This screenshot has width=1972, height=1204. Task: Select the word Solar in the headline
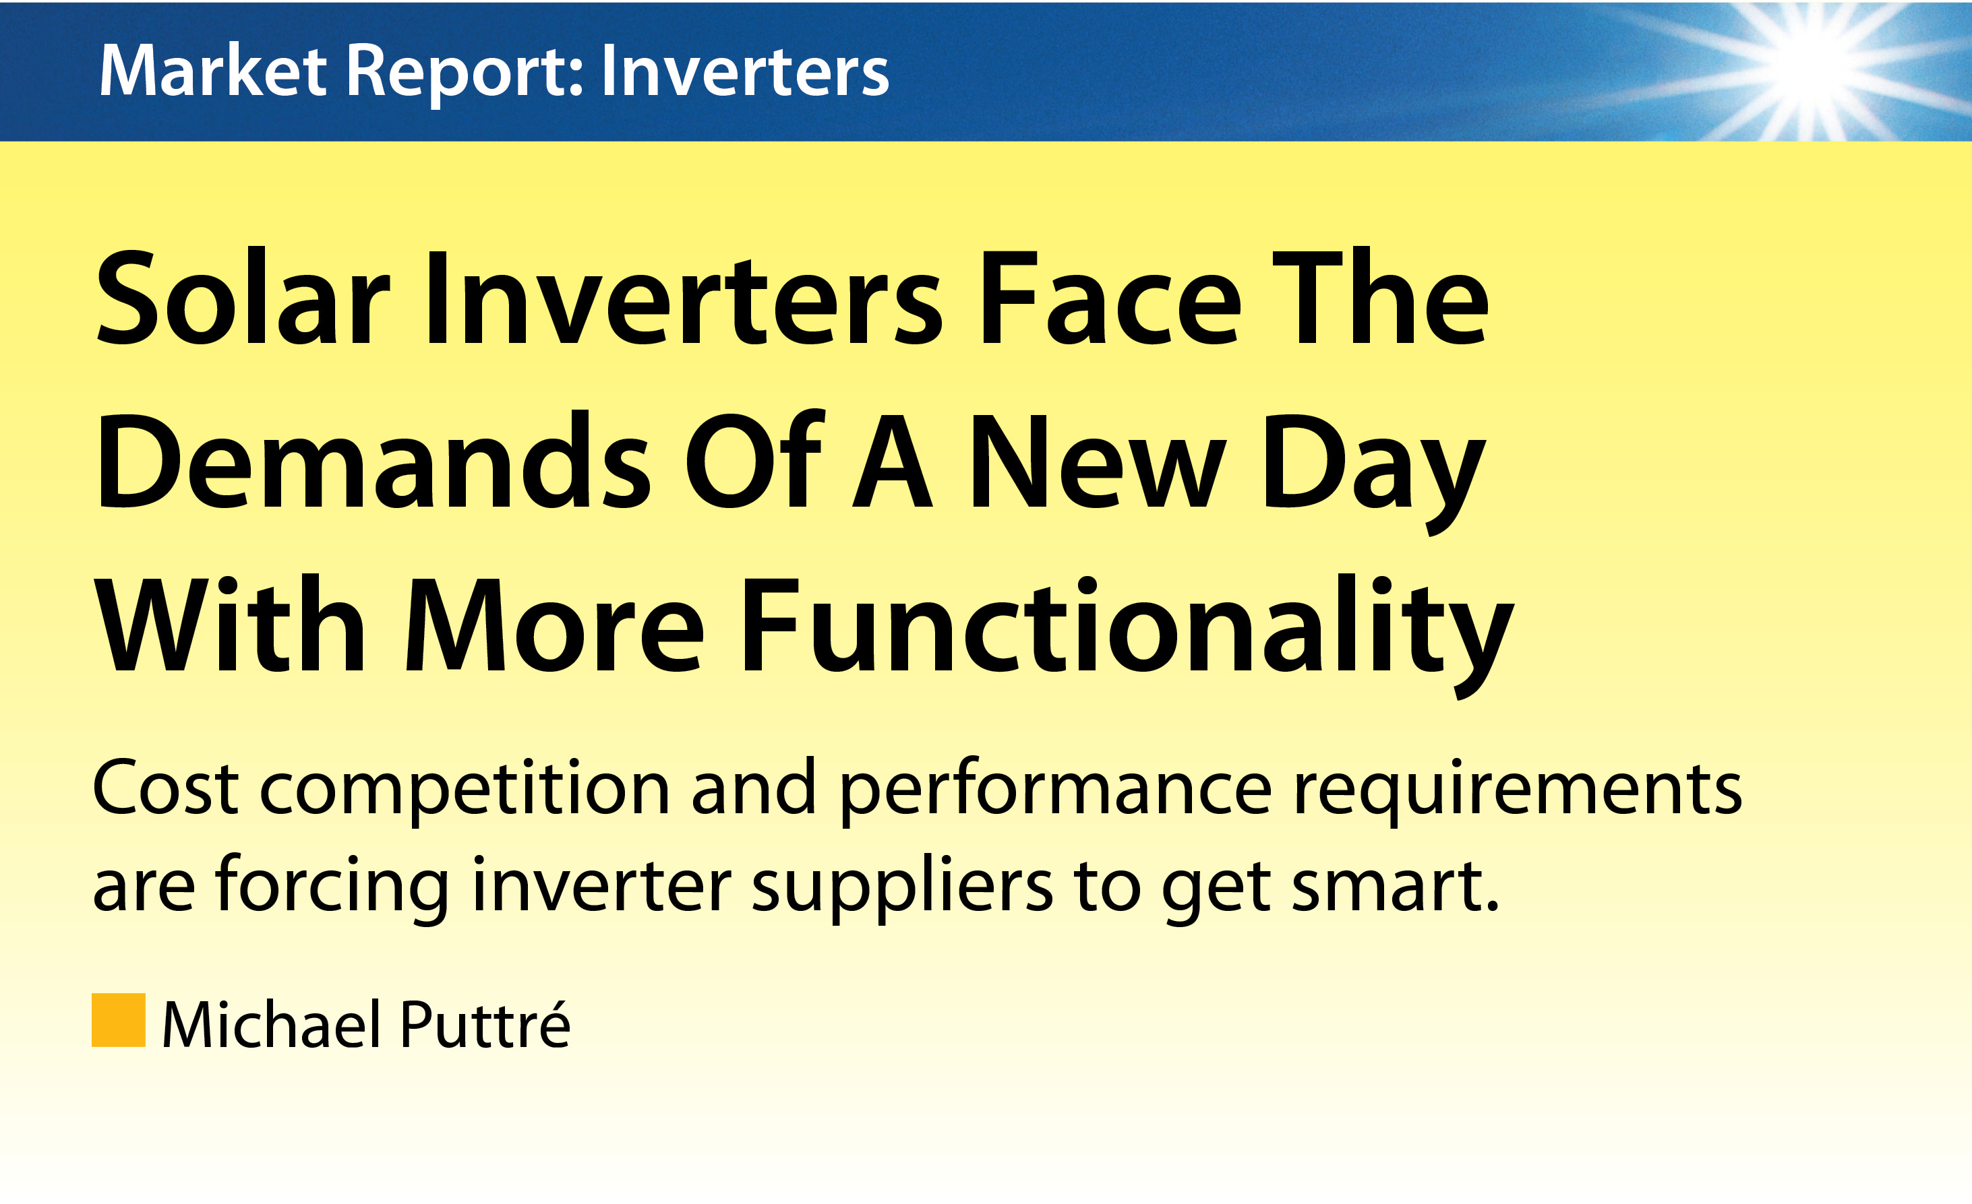243,298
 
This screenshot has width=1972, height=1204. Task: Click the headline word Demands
373,462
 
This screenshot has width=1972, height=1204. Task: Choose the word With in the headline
231,623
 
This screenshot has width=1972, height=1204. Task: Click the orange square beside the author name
119,1020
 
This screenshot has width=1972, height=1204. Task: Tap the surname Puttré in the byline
485,1023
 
